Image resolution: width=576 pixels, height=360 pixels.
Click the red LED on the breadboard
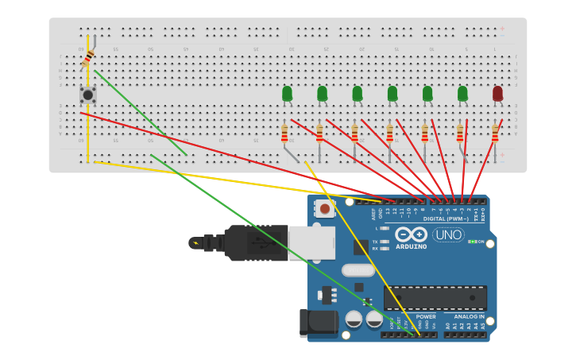497,94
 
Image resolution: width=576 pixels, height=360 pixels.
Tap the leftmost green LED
287,94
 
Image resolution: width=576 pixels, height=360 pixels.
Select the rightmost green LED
462,94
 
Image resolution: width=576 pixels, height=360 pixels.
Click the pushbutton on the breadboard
88,95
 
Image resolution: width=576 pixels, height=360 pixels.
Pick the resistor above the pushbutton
88,58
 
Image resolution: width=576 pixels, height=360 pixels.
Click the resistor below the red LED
495,133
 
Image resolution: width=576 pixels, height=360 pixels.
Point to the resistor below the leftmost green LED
284,133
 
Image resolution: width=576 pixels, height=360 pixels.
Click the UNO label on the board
448,234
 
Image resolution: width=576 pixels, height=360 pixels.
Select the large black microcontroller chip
435,298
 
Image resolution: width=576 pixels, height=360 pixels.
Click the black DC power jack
318,323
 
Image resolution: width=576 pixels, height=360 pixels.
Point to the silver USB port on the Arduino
311,242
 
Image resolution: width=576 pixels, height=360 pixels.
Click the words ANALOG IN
470,316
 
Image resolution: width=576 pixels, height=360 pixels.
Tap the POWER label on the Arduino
425,316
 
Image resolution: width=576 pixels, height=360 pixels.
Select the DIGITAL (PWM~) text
445,219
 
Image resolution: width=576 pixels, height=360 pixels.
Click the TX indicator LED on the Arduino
385,241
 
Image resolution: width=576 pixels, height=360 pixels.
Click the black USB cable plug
254,242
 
